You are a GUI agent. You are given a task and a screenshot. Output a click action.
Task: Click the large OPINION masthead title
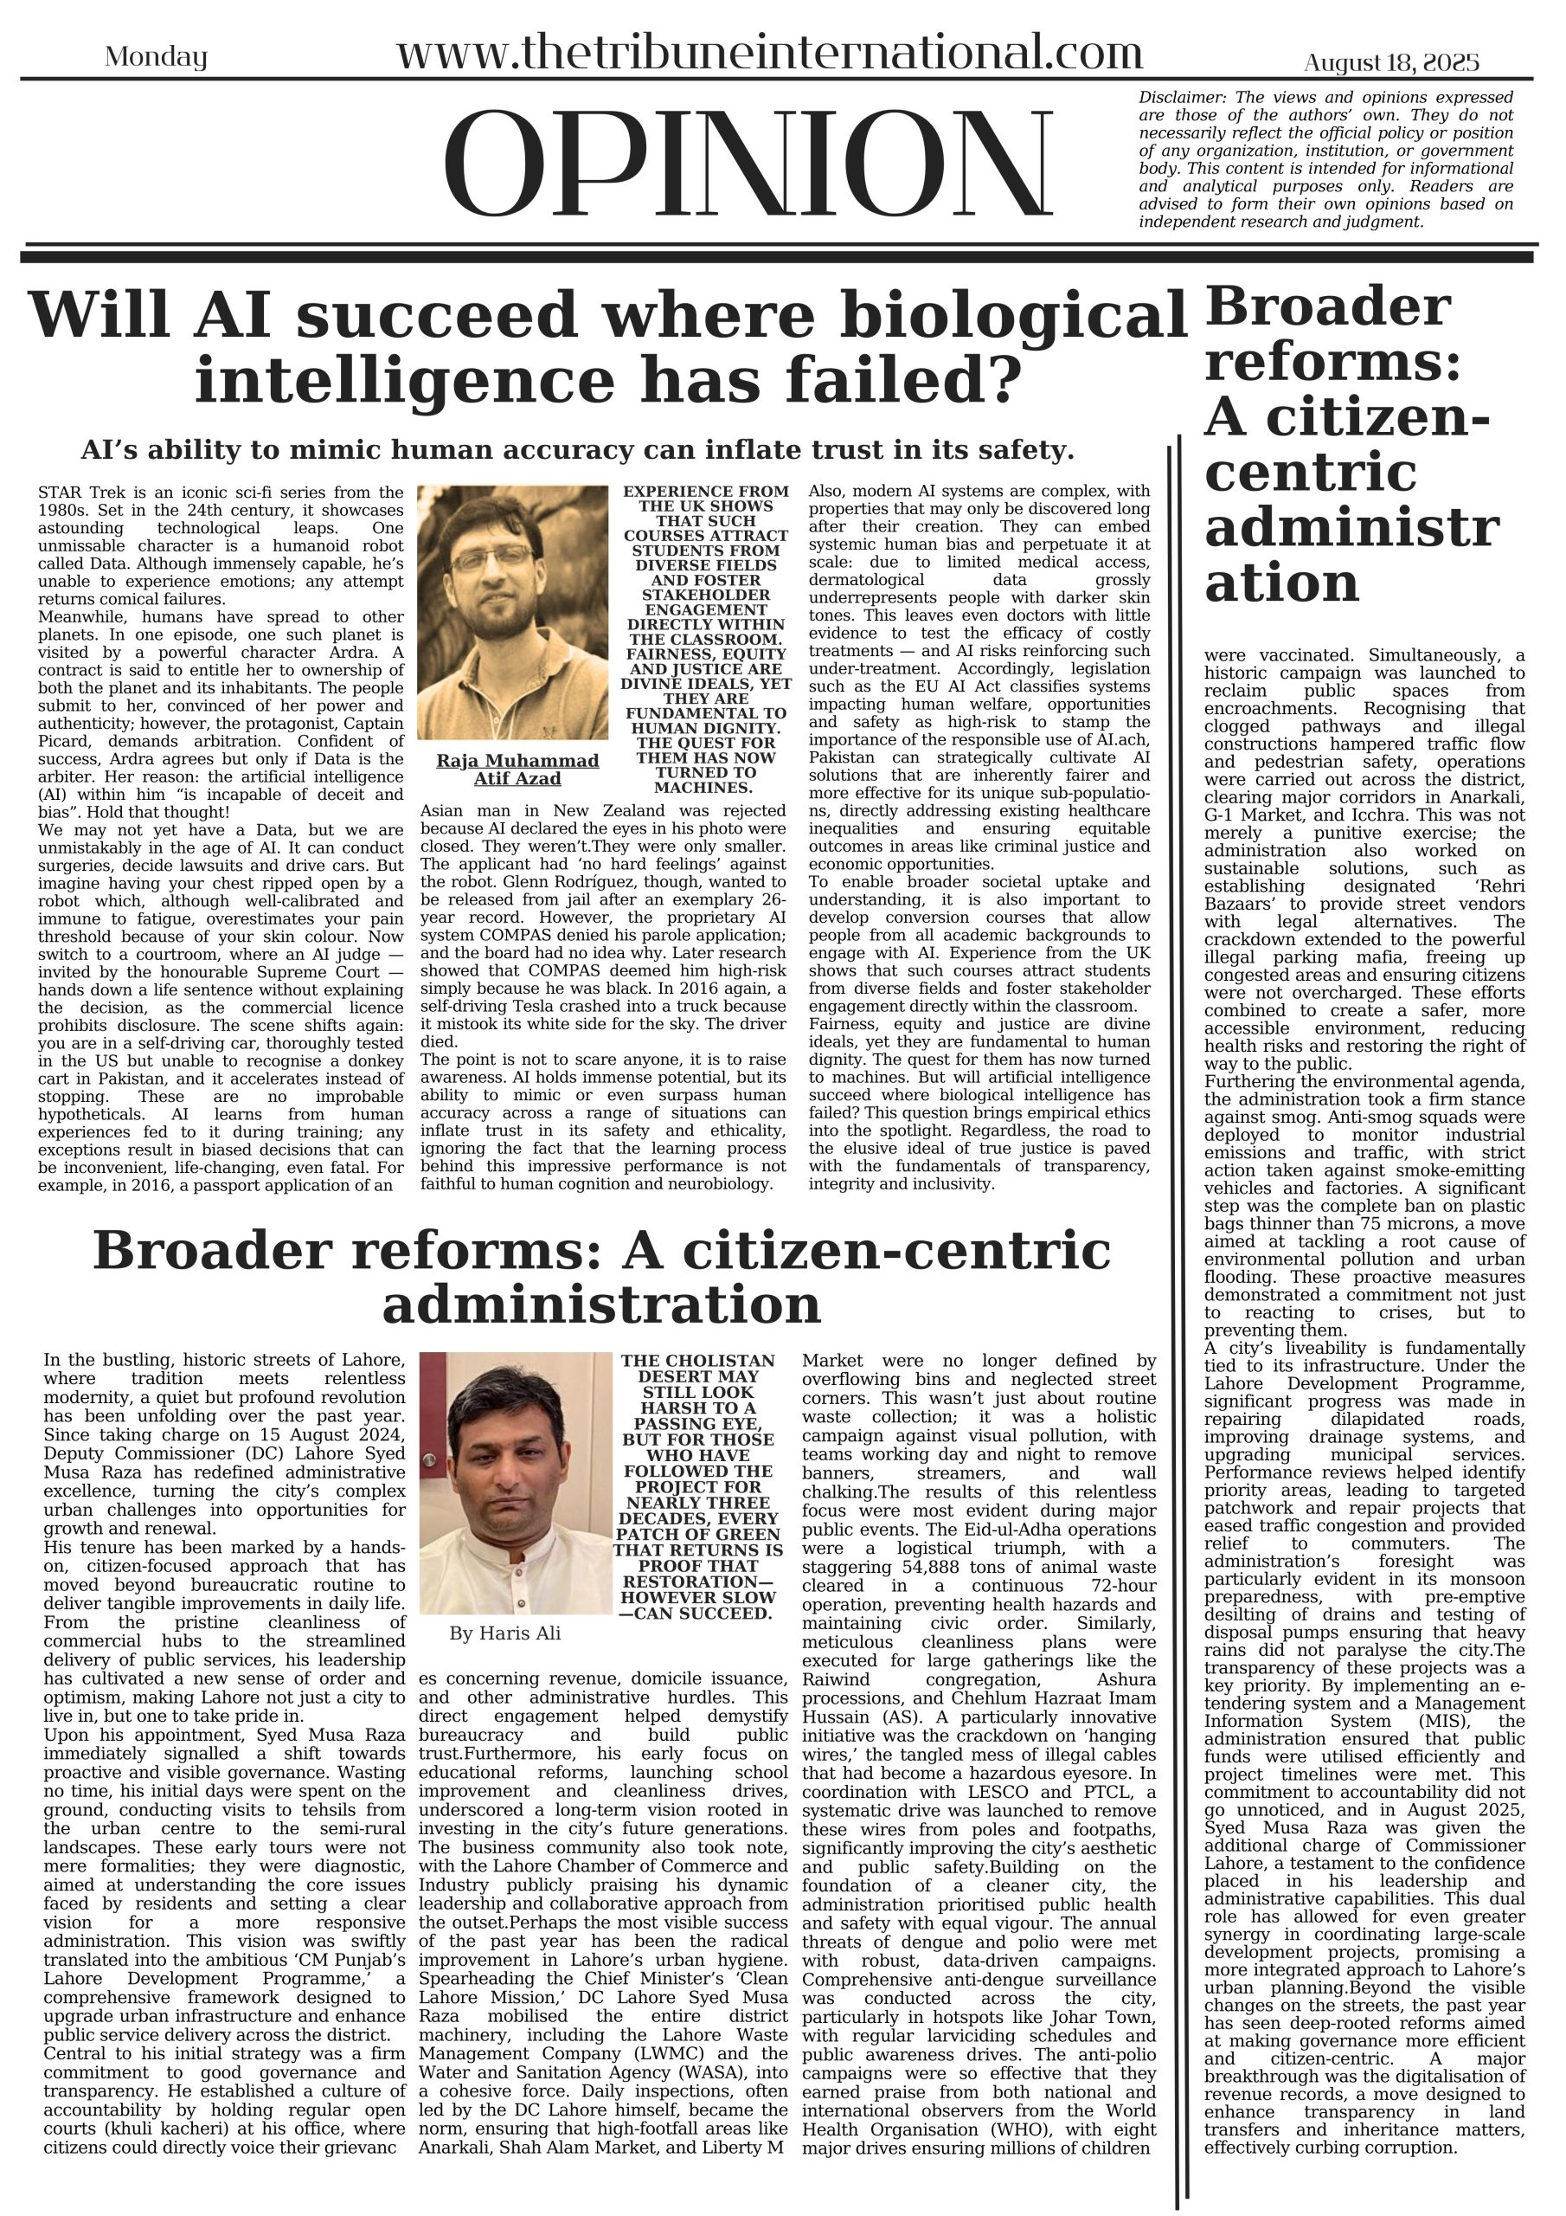pyautogui.click(x=750, y=165)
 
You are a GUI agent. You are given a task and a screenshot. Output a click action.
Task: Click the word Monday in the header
pyautogui.click(x=156, y=58)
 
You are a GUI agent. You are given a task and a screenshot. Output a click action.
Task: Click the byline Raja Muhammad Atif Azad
pyautogui.click(x=517, y=770)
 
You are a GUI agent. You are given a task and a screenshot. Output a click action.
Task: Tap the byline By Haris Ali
pyautogui.click(x=504, y=1633)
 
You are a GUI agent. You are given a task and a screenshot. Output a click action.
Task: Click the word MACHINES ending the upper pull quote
pyautogui.click(x=705, y=788)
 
